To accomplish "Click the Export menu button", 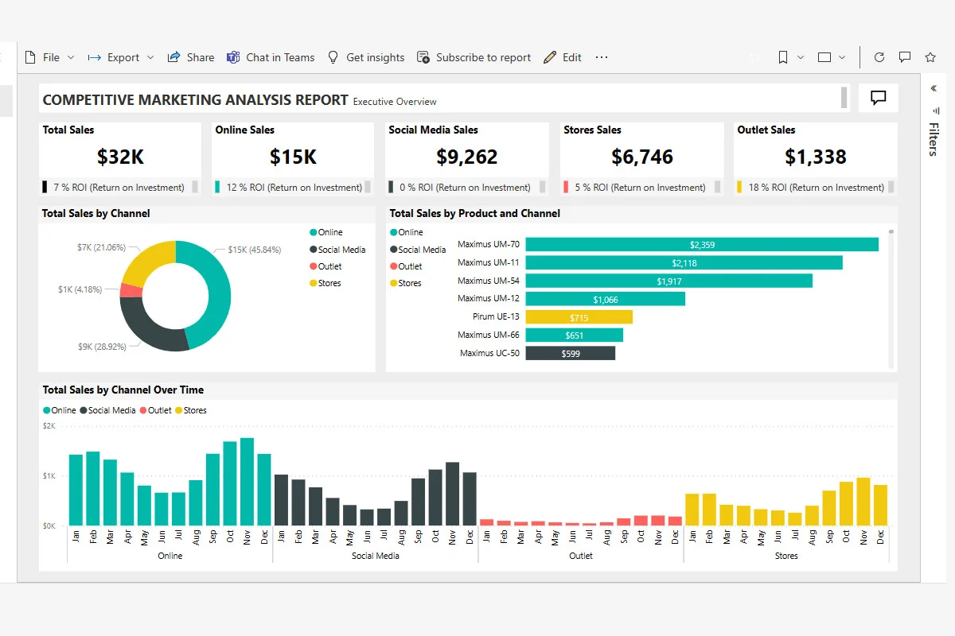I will (x=121, y=57).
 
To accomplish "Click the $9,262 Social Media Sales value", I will (x=466, y=157).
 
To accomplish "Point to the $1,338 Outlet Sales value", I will (x=815, y=157).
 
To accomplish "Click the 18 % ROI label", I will (x=816, y=188).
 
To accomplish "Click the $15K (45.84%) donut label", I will (x=254, y=250).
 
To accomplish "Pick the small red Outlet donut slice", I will (x=131, y=290).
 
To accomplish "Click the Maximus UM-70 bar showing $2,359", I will (x=701, y=245).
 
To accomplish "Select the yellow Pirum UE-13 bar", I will (x=579, y=316).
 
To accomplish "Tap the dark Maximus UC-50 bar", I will (x=570, y=353).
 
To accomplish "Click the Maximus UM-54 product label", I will (x=488, y=281).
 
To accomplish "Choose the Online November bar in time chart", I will (x=247, y=481).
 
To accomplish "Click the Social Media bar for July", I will (x=384, y=517).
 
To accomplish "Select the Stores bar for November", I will (x=863, y=501).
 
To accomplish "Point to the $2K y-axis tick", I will (x=49, y=426).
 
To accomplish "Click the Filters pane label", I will (x=934, y=139).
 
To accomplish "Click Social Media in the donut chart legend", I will (x=341, y=250).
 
